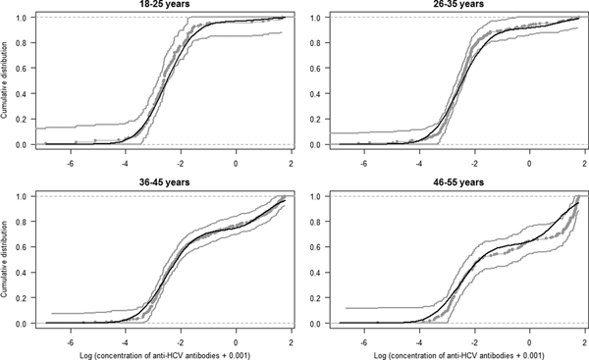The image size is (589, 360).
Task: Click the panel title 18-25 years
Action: coord(158,5)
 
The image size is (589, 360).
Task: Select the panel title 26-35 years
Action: coord(455,5)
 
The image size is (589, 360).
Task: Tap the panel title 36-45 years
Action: coord(158,184)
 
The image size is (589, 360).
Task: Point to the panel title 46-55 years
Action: coord(455,184)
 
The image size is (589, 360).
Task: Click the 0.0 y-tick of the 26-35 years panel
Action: coord(316,145)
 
